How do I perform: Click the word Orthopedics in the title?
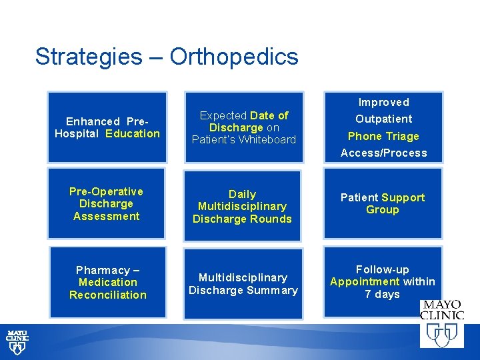coord(234,57)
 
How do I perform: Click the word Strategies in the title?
coord(88,57)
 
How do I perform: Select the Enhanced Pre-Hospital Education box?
coord(107,127)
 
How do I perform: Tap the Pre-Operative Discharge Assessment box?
coord(107,203)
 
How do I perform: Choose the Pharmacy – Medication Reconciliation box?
coord(107,283)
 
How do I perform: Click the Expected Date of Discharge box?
coord(243,127)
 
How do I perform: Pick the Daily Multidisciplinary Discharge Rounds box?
coord(243,206)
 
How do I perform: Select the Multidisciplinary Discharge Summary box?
coord(243,283)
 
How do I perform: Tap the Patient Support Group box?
coord(383,203)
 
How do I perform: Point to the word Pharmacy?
coord(103,270)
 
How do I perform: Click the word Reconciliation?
coord(107,295)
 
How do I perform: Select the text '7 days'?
coord(382,294)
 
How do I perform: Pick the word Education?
coord(133,133)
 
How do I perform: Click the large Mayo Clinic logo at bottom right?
coord(441,323)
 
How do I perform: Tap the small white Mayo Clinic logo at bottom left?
coord(17,340)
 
